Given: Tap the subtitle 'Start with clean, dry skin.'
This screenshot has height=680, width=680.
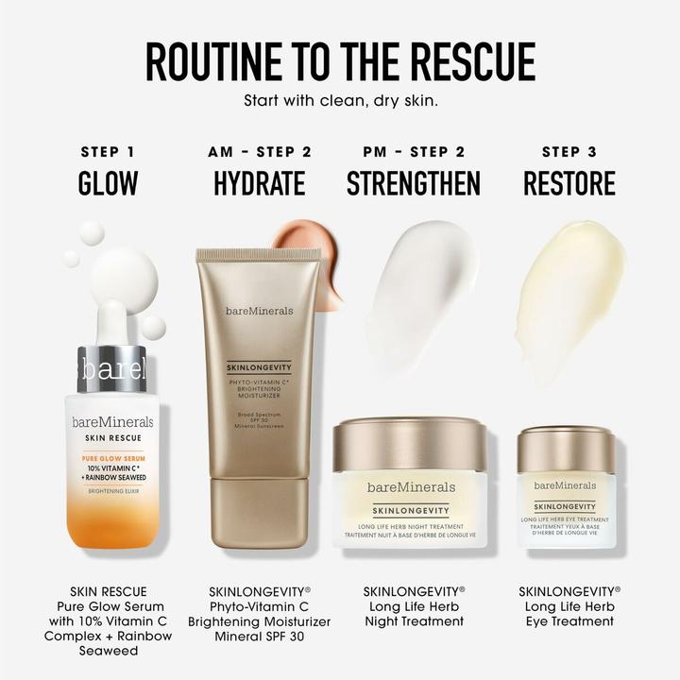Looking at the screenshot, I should [x=340, y=99].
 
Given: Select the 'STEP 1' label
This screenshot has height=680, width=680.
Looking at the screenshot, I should [x=108, y=151].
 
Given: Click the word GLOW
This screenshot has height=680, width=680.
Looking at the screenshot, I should [x=108, y=183].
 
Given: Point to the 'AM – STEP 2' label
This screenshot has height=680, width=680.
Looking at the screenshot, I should [x=260, y=151].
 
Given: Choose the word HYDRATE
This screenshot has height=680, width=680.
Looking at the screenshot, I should [x=260, y=183].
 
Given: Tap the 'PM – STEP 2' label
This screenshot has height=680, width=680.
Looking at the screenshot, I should [x=414, y=151].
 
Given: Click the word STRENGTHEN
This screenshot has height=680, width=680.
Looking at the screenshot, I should [x=414, y=183].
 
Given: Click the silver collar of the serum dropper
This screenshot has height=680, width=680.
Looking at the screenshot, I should [x=112, y=367].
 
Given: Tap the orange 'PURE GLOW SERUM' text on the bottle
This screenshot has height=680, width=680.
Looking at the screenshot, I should [x=112, y=457].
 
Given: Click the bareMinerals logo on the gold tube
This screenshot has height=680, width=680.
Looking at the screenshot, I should [x=259, y=311].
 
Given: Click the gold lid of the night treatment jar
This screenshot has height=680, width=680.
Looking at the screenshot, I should [x=410, y=446].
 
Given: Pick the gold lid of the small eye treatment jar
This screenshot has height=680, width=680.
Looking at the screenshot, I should [x=567, y=450].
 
